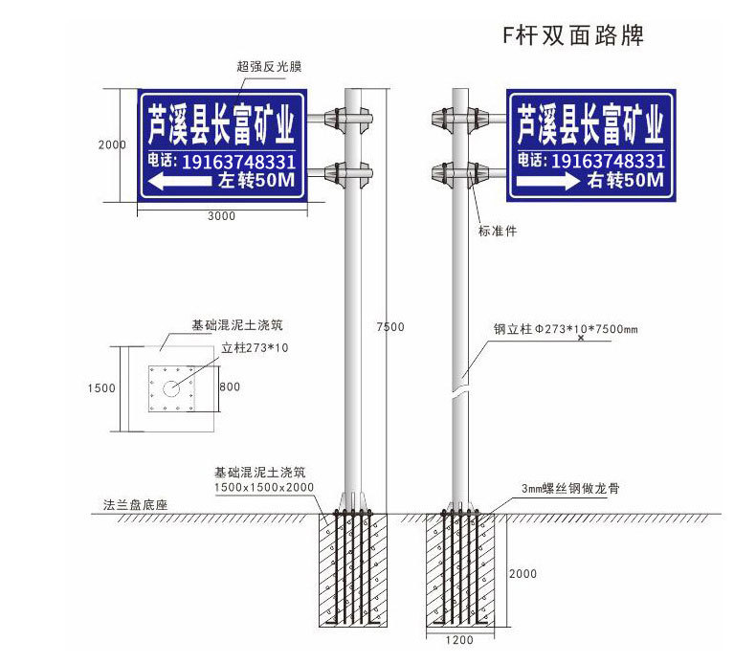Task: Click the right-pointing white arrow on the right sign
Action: click(549, 181)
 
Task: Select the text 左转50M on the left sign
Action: click(256, 180)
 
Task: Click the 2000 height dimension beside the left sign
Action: click(112, 145)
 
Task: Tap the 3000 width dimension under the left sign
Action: click(221, 216)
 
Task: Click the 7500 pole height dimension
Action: click(389, 327)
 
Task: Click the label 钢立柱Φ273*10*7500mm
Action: click(566, 329)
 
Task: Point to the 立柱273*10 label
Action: click(255, 348)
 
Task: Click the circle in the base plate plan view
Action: click(172, 388)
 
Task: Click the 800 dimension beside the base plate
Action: click(230, 387)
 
